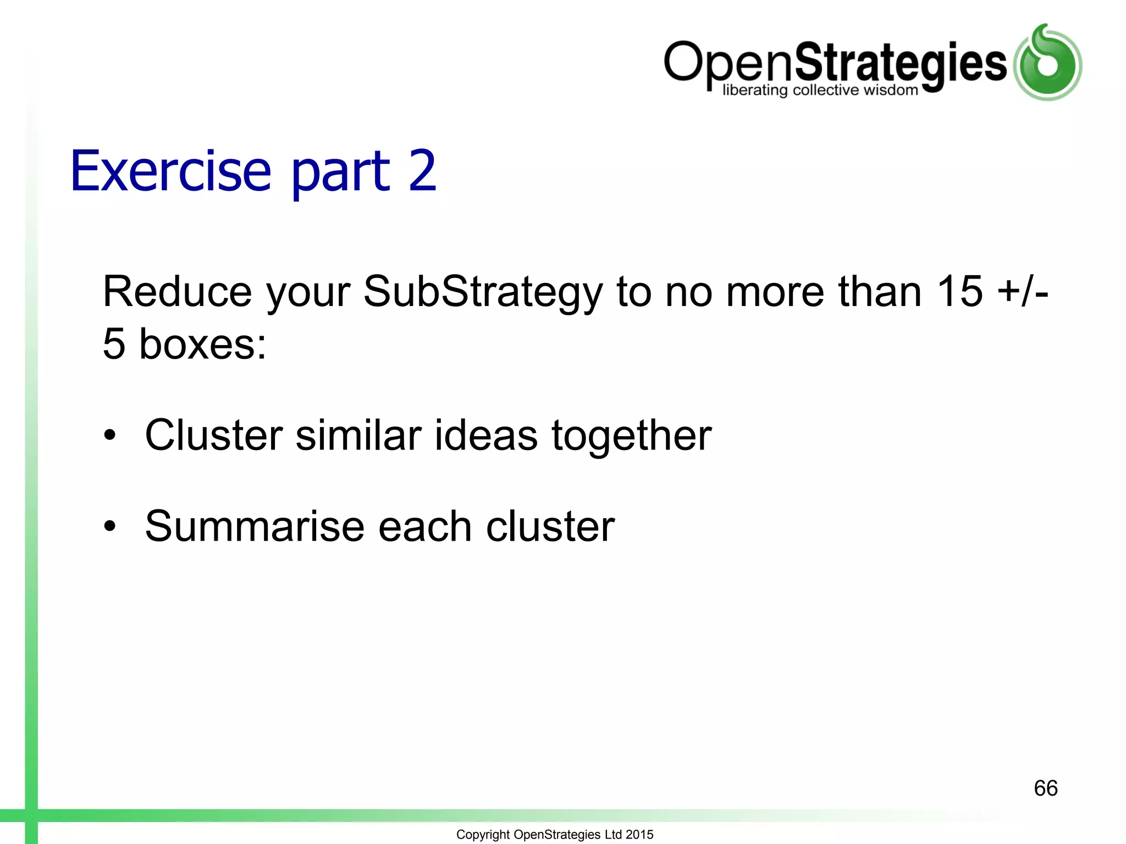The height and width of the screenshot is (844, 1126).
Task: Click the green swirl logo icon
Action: pyautogui.click(x=1047, y=63)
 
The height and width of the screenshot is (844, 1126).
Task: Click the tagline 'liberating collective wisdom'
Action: pyautogui.click(x=820, y=90)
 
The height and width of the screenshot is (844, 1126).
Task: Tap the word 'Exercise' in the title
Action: pyautogui.click(x=171, y=172)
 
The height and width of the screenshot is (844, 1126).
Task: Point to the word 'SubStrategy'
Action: pyautogui.click(x=483, y=293)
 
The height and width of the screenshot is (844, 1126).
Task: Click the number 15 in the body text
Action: pyautogui.click(x=959, y=292)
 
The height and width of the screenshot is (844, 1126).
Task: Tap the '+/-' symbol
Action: pyautogui.click(x=1023, y=292)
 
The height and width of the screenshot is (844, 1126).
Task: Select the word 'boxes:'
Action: pyautogui.click(x=203, y=345)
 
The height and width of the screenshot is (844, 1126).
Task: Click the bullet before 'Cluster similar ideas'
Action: pyautogui.click(x=111, y=435)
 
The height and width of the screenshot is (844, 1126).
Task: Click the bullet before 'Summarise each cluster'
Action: pyautogui.click(x=111, y=526)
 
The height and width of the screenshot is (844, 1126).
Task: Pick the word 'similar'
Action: pyautogui.click(x=358, y=436)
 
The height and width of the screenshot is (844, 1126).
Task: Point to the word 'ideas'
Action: pyautogui.click(x=486, y=436)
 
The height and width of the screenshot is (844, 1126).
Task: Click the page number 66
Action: pyautogui.click(x=1045, y=789)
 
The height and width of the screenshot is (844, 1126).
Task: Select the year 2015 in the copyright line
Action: pyautogui.click(x=639, y=835)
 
